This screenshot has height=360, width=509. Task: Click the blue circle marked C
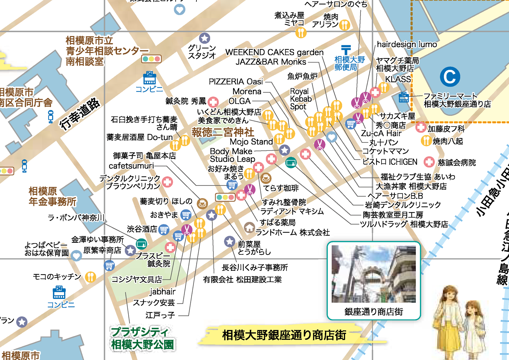[450, 77]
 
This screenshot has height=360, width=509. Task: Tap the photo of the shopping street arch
[374, 274]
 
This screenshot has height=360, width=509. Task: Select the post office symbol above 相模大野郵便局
[346, 49]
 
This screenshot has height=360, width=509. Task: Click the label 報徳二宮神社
[223, 132]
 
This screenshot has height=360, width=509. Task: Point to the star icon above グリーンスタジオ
[205, 38]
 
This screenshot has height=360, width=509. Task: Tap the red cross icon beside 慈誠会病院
[429, 162]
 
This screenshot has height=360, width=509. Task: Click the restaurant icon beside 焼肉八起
[426, 141]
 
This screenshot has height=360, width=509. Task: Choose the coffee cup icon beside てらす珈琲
[266, 178]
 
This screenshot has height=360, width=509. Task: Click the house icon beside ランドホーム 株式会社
[249, 227]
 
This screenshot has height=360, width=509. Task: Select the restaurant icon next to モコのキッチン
[90, 277]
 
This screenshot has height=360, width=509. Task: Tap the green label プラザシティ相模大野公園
[142, 338]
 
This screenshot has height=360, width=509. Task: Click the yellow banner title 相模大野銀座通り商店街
[284, 335]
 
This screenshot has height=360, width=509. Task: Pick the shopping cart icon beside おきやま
[186, 215]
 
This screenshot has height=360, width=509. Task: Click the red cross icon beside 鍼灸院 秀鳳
[213, 102]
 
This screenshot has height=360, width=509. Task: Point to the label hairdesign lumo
[407, 44]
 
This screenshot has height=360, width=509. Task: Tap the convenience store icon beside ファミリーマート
[404, 98]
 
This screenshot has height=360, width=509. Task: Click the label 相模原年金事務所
[52, 196]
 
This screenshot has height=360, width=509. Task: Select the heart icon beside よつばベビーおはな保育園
[76, 256]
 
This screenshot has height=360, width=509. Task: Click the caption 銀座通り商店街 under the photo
[374, 312]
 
